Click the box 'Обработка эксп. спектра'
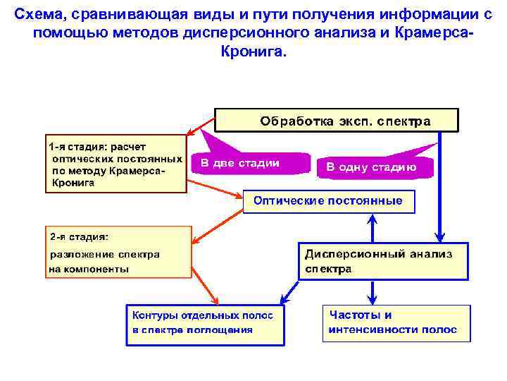[x=336, y=121]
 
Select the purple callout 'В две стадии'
[x=250, y=162]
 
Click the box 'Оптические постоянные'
[x=328, y=201]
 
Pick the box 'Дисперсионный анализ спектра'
[x=383, y=261]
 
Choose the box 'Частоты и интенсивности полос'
[x=396, y=322]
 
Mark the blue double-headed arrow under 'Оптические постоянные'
[x=373, y=228]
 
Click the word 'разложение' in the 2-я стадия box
[x=76, y=254]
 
